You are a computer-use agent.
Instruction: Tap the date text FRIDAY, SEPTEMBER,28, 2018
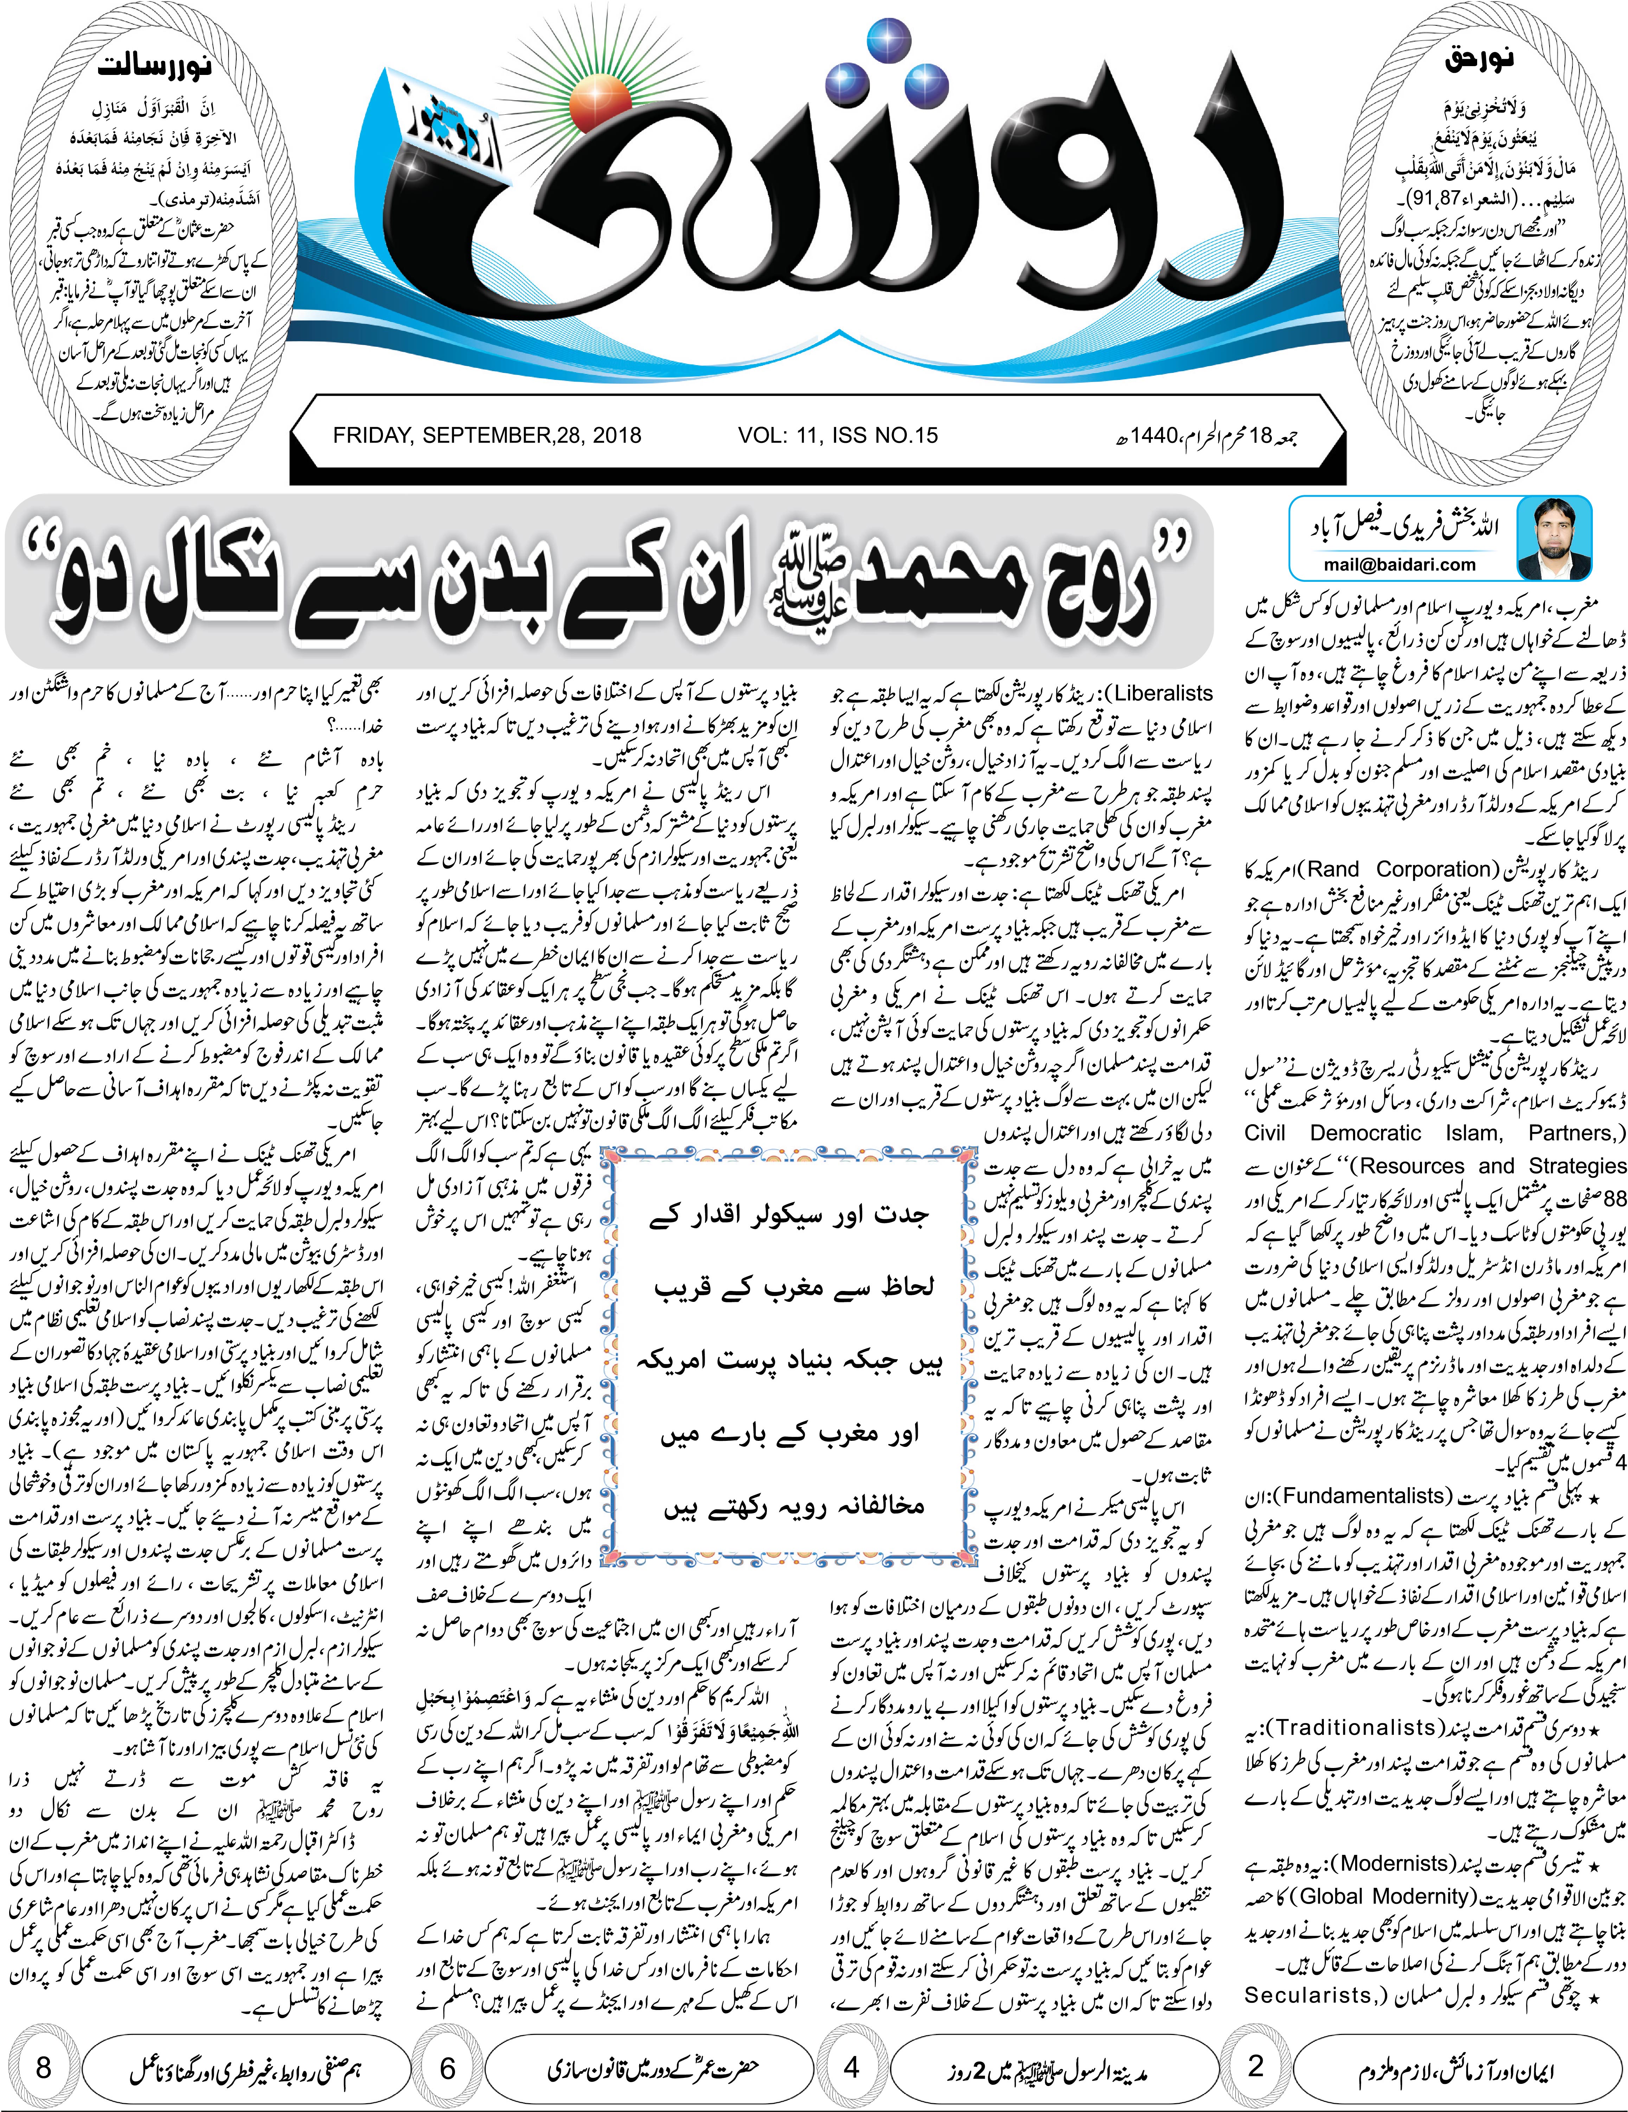[x=486, y=435]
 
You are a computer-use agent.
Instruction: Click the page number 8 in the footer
[x=44, y=2068]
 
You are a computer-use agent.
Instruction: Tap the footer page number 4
[x=852, y=2068]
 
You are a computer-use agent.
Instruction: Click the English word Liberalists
[x=1164, y=693]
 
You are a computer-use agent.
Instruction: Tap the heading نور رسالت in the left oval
[x=155, y=68]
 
